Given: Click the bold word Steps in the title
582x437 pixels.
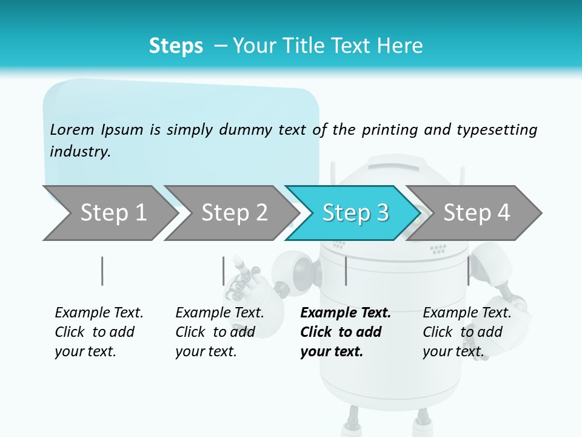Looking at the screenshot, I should pyautogui.click(x=176, y=46).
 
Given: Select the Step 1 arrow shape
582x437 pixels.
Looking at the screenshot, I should pyautogui.click(x=109, y=212).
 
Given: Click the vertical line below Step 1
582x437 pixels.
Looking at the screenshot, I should pyautogui.click(x=102, y=271).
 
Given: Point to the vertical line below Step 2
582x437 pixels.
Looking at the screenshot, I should pyautogui.click(x=223, y=271).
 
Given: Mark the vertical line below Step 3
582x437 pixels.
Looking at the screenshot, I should pyautogui.click(x=346, y=271).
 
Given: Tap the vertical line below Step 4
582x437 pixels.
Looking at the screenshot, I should pyautogui.click(x=468, y=271).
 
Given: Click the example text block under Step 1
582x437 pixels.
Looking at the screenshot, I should pyautogui.click(x=99, y=332).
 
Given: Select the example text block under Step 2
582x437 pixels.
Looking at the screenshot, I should pyautogui.click(x=219, y=332).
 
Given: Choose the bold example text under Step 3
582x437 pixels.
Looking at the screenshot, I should pyautogui.click(x=346, y=332).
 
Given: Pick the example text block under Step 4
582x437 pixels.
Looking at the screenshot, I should pyautogui.click(x=467, y=332).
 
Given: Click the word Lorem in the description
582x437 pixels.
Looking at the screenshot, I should pyautogui.click(x=72, y=129).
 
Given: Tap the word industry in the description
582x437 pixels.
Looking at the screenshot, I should pyautogui.click(x=80, y=152).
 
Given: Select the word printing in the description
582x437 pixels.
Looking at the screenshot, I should pyautogui.click(x=390, y=130).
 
